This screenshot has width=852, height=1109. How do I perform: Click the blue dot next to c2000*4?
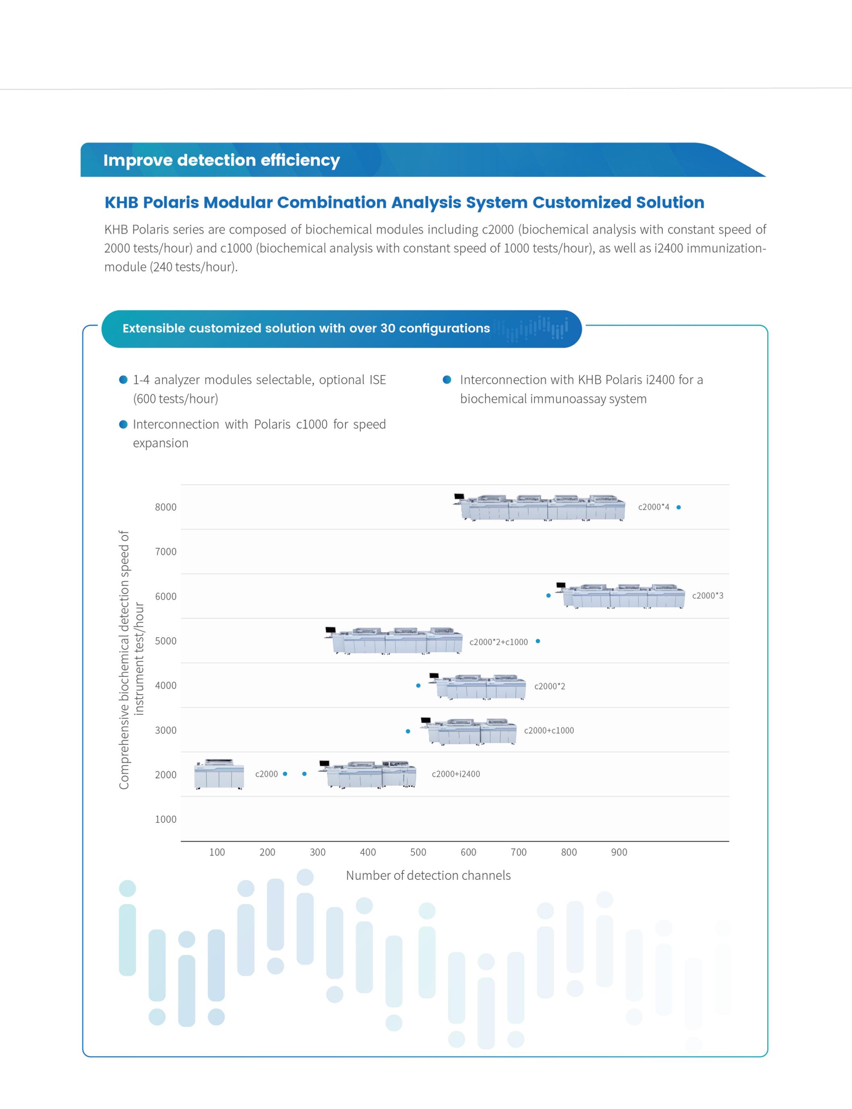click(x=678, y=507)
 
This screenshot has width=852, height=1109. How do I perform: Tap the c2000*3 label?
click(x=707, y=596)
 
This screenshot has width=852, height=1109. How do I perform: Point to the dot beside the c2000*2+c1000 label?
click(x=537, y=641)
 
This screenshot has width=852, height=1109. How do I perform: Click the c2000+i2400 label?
click(x=456, y=774)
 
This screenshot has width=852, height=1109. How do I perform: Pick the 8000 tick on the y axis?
click(x=165, y=507)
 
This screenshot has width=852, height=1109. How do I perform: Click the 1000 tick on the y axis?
click(x=165, y=819)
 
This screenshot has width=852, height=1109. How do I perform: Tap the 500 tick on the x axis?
click(x=418, y=852)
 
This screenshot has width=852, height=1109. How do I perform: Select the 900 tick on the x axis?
click(x=619, y=852)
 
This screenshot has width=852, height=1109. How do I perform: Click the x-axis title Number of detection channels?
click(x=428, y=876)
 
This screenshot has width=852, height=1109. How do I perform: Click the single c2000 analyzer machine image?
click(x=219, y=774)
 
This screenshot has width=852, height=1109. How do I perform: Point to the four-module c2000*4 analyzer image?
click(x=541, y=507)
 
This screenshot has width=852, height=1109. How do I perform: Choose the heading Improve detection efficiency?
click(x=221, y=160)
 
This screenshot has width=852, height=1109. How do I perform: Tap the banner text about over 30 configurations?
click(x=306, y=329)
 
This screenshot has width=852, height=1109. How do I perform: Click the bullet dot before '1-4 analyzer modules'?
click(x=123, y=380)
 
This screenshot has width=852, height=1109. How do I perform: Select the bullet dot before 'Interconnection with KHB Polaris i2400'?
click(x=447, y=380)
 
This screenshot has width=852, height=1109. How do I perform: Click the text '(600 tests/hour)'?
click(x=176, y=399)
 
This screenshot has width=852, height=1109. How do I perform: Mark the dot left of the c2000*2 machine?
click(x=418, y=686)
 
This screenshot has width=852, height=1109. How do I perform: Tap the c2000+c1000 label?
click(x=549, y=731)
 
